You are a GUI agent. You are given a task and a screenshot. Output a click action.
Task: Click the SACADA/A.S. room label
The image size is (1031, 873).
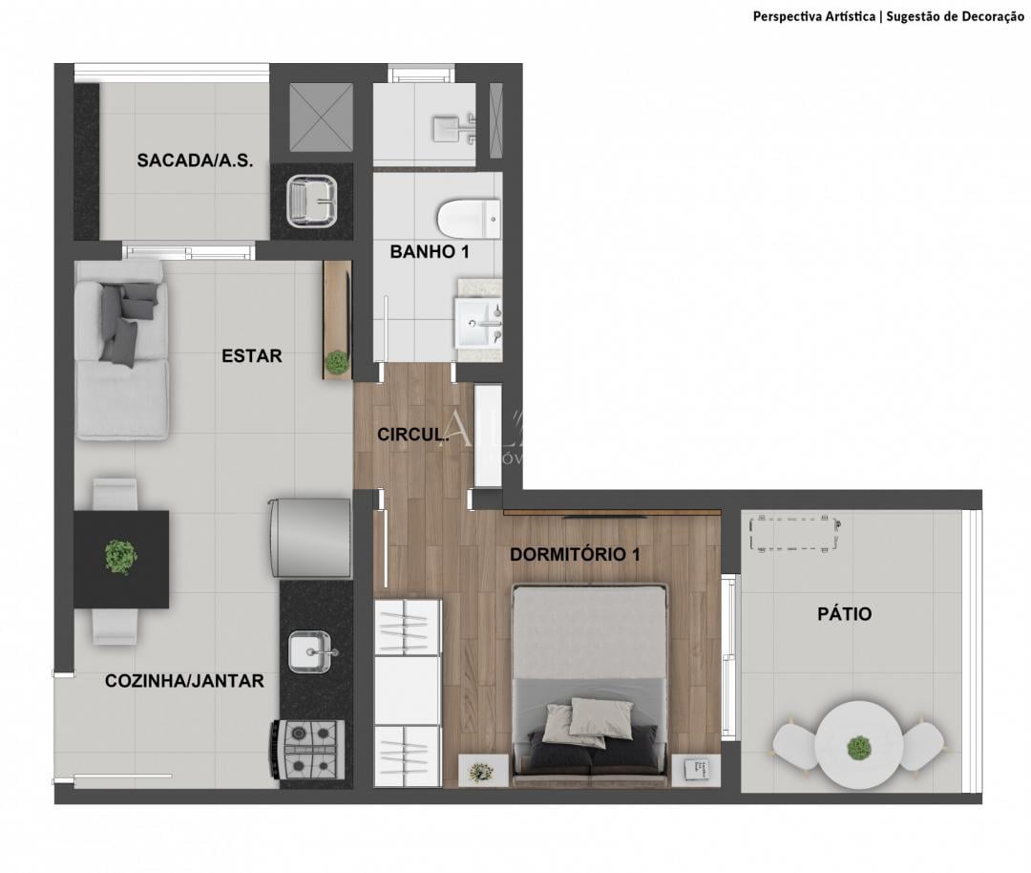click(x=195, y=160)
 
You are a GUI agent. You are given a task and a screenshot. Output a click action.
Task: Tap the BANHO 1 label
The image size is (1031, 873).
click(x=429, y=252)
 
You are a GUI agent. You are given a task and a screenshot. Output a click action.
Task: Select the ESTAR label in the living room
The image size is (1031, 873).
click(x=252, y=356)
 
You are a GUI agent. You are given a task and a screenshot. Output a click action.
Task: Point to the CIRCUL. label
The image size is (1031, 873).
click(x=413, y=435)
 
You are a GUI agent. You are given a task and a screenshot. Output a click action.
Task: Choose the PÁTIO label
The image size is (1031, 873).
click(x=844, y=614)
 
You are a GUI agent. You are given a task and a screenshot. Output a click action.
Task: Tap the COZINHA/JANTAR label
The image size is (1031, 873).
click(x=184, y=681)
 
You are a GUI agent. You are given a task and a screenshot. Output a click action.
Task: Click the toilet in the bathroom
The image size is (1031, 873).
click(x=468, y=219)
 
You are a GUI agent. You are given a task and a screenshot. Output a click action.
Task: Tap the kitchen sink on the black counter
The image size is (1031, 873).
click(x=313, y=652)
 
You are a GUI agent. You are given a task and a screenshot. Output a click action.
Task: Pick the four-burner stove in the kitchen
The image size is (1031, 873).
click(x=312, y=750)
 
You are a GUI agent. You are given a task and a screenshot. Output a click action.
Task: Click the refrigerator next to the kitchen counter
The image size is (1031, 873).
click(x=310, y=538)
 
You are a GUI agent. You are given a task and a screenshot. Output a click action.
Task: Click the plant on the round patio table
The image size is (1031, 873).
click(x=859, y=747)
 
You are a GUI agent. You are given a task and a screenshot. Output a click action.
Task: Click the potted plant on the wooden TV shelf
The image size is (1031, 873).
click(x=336, y=362)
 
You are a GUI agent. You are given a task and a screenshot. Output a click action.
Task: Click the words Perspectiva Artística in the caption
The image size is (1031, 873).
click(x=813, y=16)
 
